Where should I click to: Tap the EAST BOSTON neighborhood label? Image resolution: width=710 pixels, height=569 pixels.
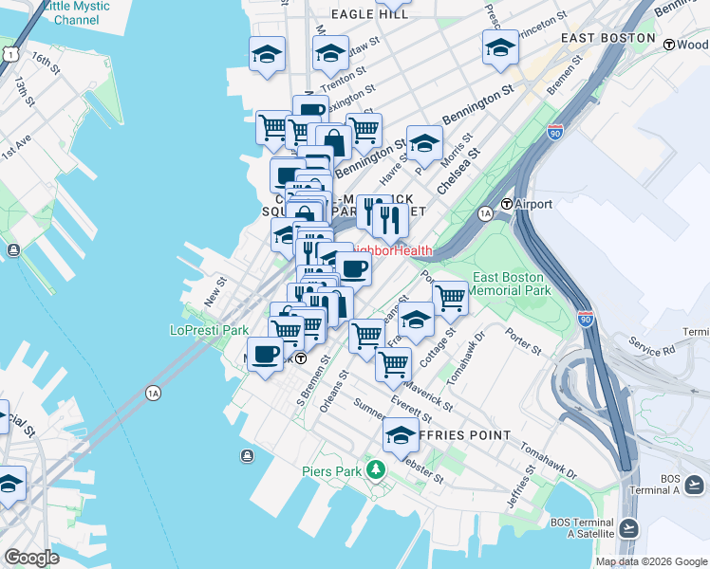607,38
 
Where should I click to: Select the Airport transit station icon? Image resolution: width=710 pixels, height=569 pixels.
507,204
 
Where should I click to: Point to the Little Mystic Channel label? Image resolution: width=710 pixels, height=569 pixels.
76,12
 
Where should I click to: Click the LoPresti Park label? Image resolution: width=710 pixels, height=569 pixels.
208,330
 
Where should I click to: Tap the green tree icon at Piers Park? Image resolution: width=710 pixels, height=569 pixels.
377,469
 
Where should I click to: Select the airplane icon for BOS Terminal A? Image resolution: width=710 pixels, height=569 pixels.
694,486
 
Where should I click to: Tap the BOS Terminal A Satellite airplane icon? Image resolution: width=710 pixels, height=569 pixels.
628,527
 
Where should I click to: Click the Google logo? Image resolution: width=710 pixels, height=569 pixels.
32,557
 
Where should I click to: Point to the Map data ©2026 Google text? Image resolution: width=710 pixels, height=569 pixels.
651,561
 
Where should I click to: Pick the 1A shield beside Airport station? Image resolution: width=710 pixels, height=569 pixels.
485,213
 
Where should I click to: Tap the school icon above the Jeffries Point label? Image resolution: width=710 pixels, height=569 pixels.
401,434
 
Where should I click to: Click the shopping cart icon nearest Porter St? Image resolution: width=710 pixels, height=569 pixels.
450,297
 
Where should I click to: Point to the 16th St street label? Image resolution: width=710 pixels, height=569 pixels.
43,63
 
